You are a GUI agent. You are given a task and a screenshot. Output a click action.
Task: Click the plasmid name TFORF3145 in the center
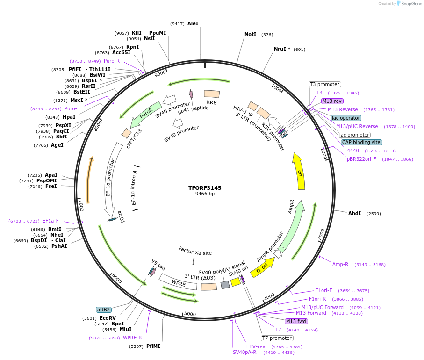click(x=205, y=188)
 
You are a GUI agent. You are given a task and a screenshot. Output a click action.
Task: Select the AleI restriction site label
click(x=193, y=23)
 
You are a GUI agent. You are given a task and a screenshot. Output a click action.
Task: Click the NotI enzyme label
click(x=250, y=34)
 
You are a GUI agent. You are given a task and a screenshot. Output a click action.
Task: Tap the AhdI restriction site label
click(x=354, y=213)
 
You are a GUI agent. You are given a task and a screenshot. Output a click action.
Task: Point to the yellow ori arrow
click(x=299, y=171)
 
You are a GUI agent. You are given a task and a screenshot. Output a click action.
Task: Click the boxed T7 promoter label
click(x=277, y=338)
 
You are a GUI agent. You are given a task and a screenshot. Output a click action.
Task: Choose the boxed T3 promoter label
click(x=325, y=84)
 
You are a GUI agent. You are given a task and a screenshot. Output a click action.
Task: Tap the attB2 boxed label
click(x=104, y=310)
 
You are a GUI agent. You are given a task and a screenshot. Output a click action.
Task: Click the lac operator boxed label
click(x=345, y=118)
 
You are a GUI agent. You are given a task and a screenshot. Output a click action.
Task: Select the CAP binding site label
click(x=361, y=142)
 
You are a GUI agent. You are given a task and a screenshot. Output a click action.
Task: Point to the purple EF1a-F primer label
click(x=50, y=221)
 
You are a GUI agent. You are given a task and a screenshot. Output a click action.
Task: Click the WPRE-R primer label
click(x=132, y=338)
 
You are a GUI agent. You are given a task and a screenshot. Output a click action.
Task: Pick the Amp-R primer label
click(x=340, y=264)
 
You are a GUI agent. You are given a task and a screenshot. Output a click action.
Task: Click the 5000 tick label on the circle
click(x=190, y=314)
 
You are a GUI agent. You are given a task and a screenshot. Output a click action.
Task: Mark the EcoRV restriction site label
click(x=107, y=318)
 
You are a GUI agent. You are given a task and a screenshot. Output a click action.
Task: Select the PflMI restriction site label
click(x=153, y=346)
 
